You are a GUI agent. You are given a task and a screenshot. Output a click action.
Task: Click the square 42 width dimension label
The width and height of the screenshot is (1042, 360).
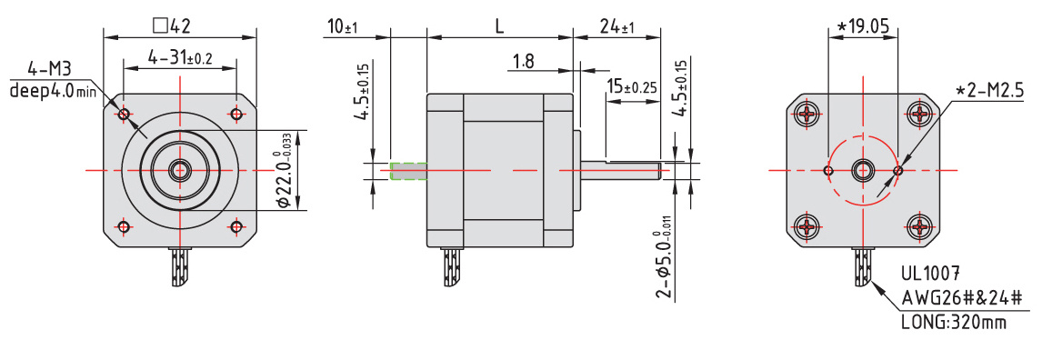(172, 25)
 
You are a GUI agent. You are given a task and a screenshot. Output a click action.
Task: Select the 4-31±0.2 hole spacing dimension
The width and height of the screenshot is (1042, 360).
(180, 58)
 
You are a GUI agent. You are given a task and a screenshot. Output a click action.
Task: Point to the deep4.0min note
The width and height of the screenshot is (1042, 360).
(53, 91)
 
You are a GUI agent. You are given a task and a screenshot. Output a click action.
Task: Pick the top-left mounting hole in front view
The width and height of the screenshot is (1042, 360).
(124, 115)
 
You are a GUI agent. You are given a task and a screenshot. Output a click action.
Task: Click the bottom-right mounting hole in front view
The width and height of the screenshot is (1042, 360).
(236, 227)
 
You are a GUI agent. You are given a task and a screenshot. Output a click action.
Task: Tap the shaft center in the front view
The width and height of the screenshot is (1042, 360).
(179, 171)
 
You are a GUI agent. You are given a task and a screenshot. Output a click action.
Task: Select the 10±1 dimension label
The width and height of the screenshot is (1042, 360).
(342, 27)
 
